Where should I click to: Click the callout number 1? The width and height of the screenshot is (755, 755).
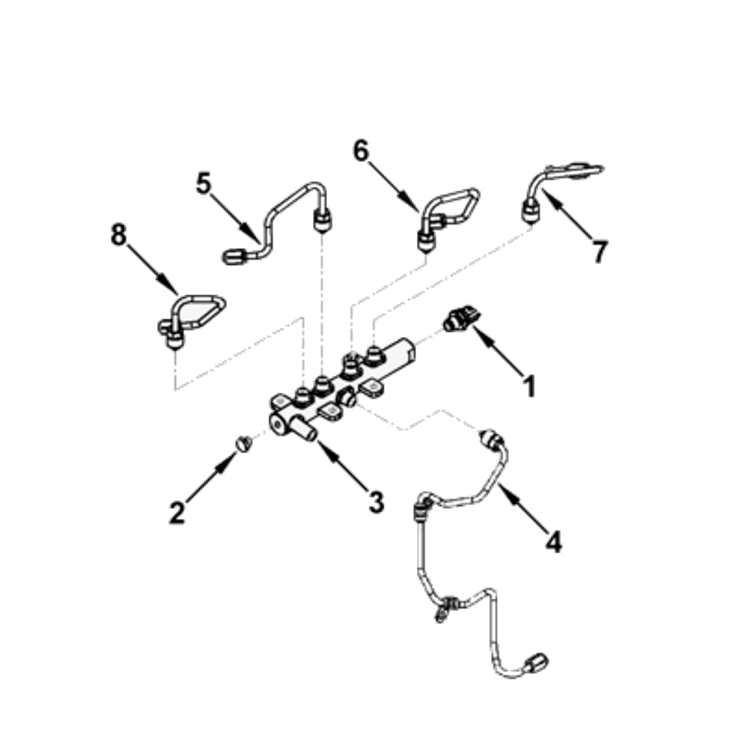530,386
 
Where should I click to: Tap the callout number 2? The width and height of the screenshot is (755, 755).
177,513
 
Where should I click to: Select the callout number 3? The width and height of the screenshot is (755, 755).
376,502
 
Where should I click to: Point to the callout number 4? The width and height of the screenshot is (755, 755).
554,542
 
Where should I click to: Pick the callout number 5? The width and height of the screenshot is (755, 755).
204,183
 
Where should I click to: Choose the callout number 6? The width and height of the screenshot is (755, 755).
361,150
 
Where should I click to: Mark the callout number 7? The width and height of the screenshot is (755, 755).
599,252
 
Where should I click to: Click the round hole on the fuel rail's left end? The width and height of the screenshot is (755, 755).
278,425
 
